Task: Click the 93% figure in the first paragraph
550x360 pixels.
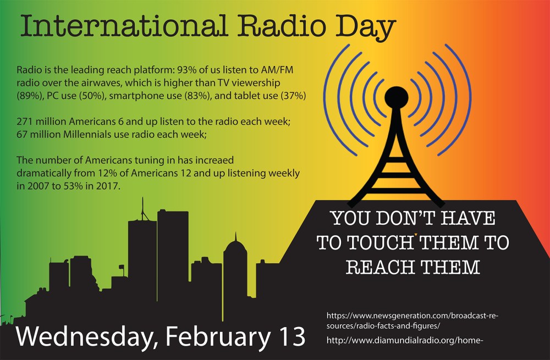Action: [186, 70]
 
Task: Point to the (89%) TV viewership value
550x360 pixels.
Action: [30, 96]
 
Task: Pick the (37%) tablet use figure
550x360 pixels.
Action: [293, 96]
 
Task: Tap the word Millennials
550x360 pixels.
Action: [86, 134]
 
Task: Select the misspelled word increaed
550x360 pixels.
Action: [214, 160]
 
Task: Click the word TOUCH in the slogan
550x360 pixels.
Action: [380, 242]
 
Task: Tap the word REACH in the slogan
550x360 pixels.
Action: [381, 267]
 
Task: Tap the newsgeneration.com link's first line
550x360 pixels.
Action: [412, 315]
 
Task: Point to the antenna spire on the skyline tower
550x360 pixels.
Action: [143, 209]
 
